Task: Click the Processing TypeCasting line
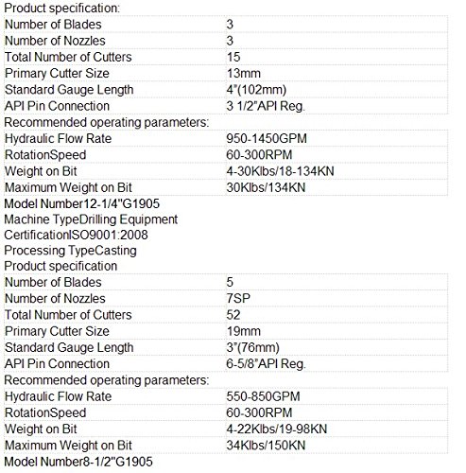(x=71, y=251)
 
